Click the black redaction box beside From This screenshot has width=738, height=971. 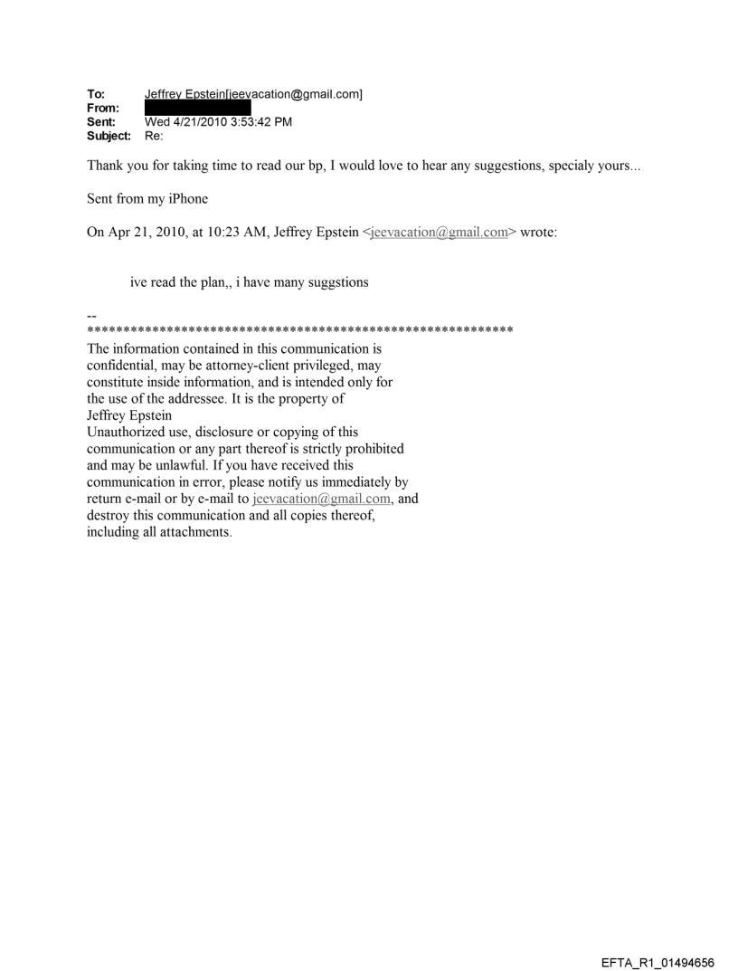point(198,109)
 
